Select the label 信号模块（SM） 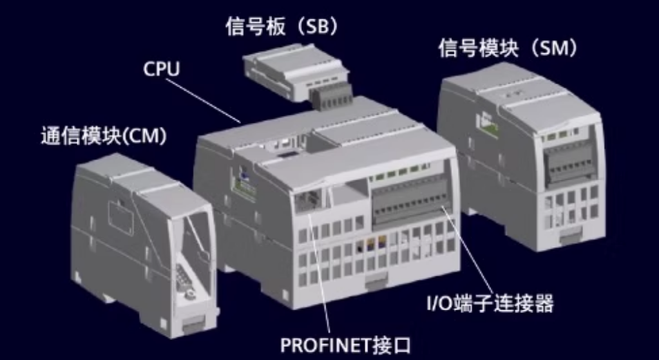(508, 48)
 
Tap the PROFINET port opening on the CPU (305, 201)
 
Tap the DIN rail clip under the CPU (374, 280)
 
